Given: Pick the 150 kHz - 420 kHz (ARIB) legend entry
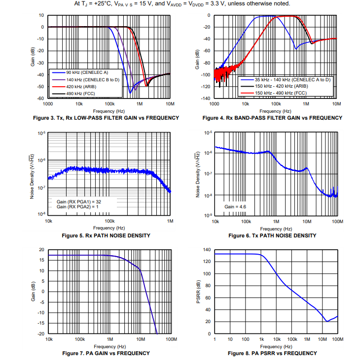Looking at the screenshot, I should (x=280, y=86).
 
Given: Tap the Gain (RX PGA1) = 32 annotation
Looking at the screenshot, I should (x=79, y=201).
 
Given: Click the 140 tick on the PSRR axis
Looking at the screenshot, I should (x=207, y=250).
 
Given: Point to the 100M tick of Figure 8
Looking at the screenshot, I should (x=337, y=339).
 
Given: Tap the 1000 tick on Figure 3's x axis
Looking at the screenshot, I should (x=48, y=104).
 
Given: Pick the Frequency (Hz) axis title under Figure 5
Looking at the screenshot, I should (x=109, y=228).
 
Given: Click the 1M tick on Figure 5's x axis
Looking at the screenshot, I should (x=170, y=221).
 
